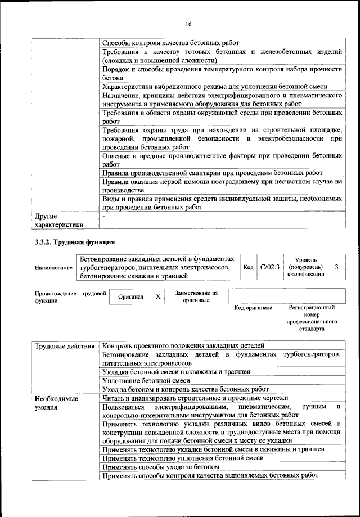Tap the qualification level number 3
(336, 267)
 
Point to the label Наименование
(53, 267)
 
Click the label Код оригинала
(253, 308)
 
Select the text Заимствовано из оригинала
(196, 296)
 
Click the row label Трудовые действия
(64, 345)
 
